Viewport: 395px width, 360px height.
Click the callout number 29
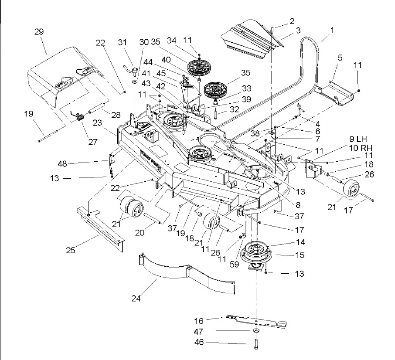(39, 32)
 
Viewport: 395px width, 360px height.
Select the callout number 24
(136, 298)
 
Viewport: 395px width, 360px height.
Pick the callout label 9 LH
(358, 139)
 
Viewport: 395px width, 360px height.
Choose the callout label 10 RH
(361, 148)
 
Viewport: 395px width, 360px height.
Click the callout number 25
(71, 250)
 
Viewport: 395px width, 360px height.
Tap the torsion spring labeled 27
(80, 117)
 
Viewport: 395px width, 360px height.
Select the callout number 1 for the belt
(332, 30)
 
